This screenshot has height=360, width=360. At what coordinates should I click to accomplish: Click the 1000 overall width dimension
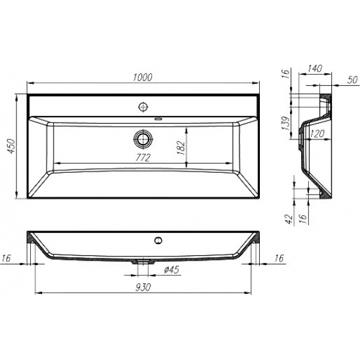[x=143, y=77]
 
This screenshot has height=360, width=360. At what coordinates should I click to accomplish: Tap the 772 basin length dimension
[x=143, y=157]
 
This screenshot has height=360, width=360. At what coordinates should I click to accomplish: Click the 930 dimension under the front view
[x=143, y=287]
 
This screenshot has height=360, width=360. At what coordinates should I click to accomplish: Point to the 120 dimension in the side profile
[x=317, y=134]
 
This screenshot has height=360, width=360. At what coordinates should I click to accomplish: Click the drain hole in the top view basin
[x=143, y=138]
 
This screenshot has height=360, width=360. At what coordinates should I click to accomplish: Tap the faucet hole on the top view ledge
[x=143, y=105]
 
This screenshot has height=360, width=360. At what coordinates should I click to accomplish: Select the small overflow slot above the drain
[x=158, y=119]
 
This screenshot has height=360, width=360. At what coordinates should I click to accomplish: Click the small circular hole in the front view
[x=157, y=240]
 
